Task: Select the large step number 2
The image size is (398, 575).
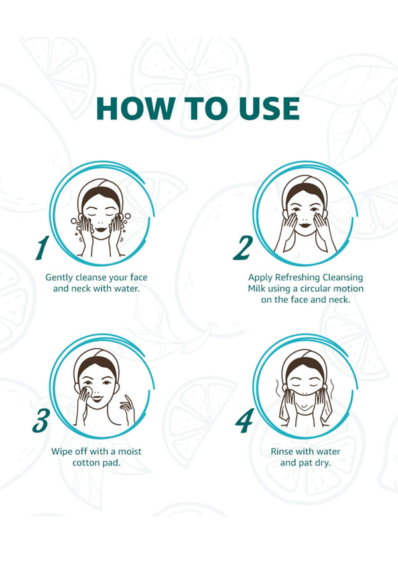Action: coord(243,248)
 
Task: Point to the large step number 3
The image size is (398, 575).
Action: coord(40,420)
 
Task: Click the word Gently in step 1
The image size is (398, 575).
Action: coord(58,278)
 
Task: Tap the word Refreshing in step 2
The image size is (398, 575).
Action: coord(297,278)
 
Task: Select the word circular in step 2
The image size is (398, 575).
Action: coord(315,289)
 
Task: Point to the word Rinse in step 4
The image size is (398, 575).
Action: coord(282,452)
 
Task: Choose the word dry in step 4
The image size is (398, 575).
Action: coord(322,463)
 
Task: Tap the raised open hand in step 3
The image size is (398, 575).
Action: coord(127,408)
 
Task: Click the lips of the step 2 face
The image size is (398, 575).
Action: coord(304,225)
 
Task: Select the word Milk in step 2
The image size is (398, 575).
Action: coord(256,289)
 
